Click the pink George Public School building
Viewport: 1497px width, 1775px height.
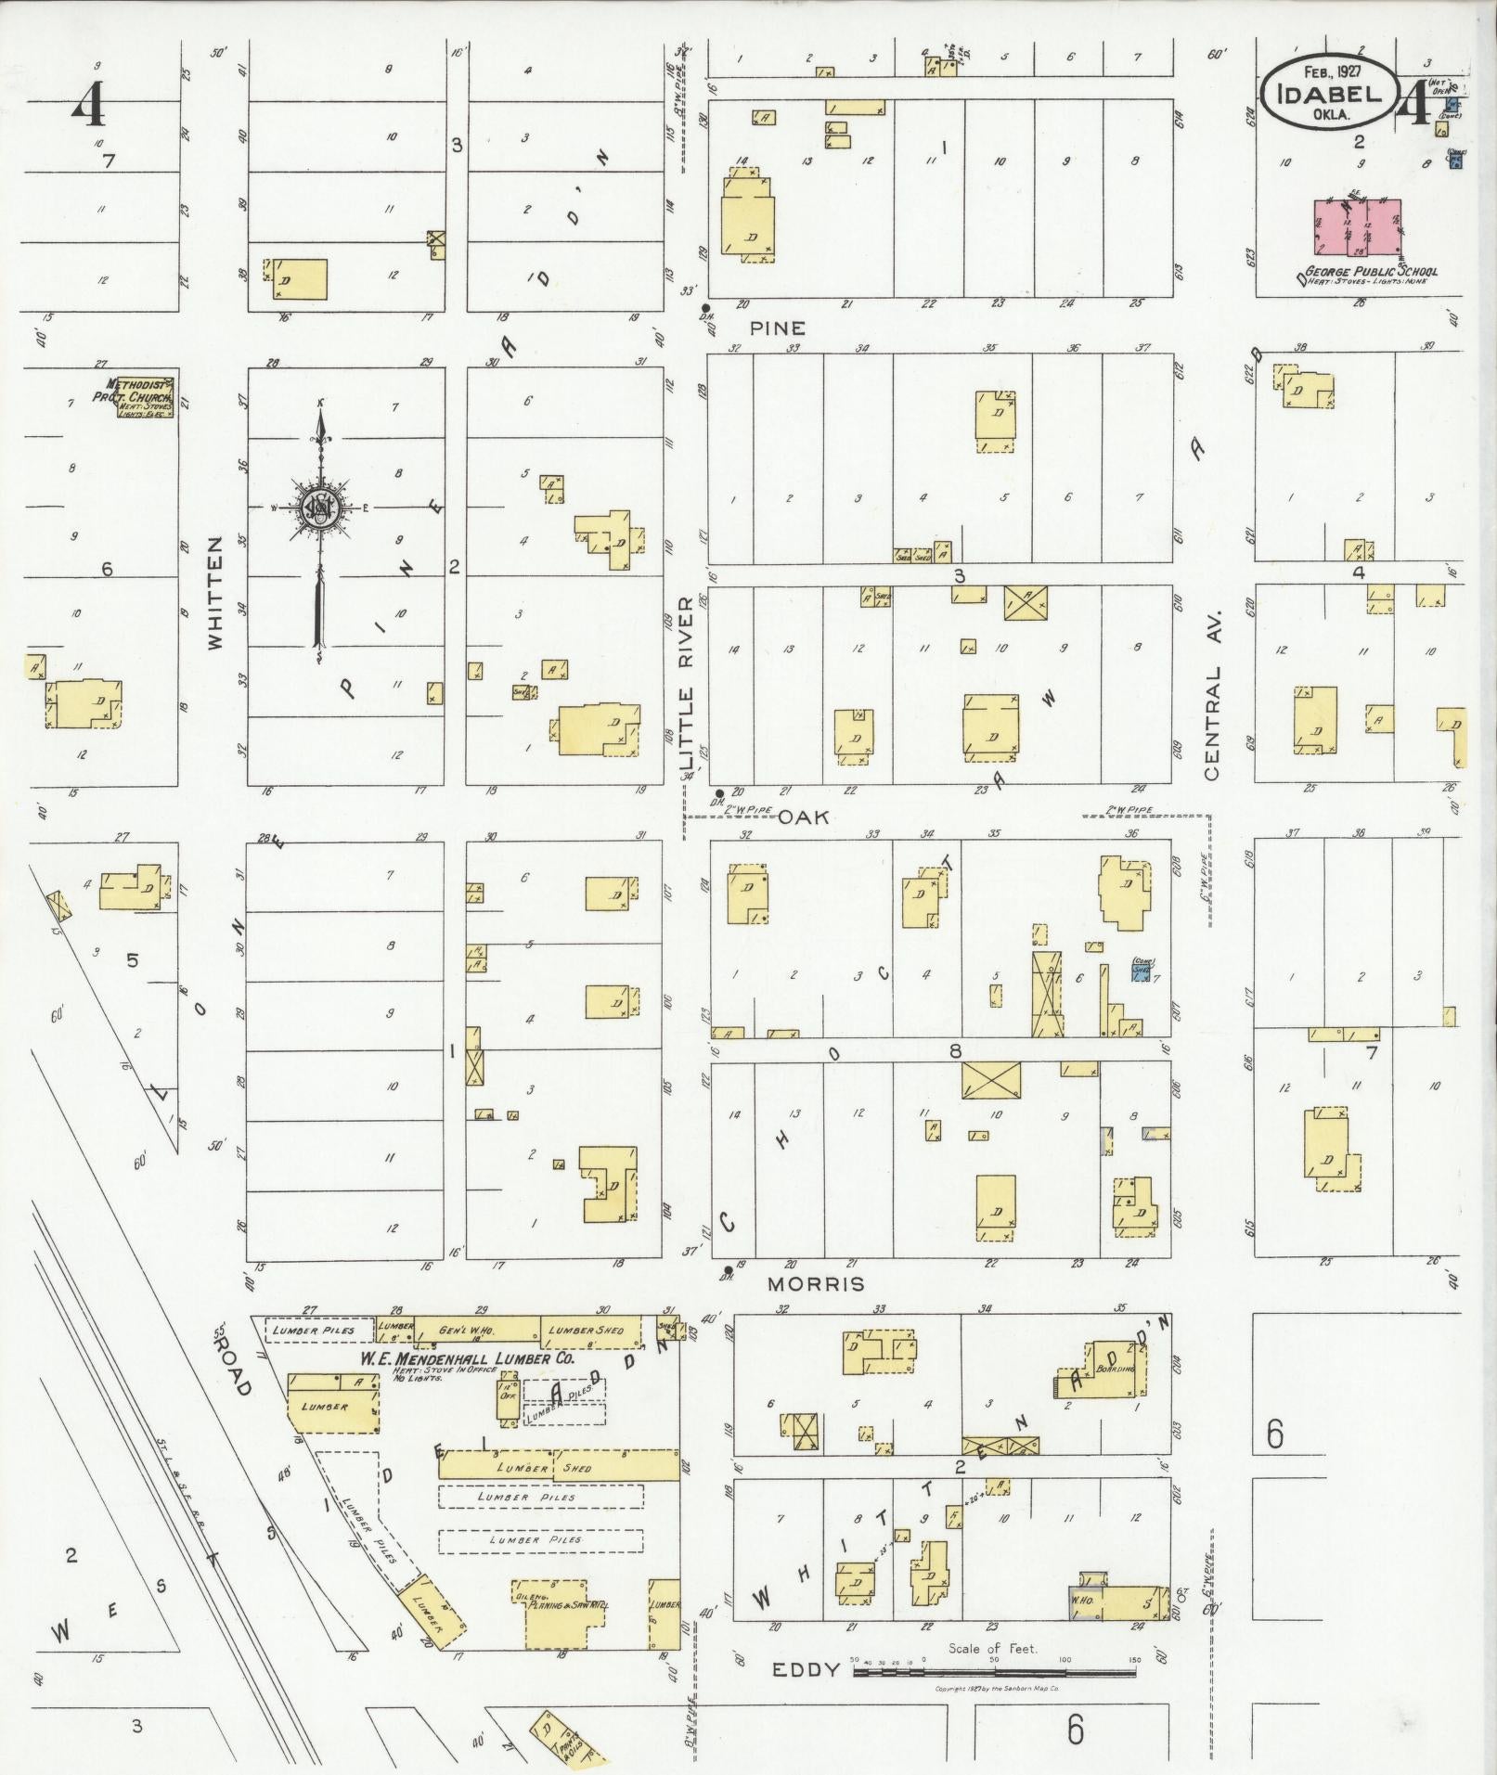1358,225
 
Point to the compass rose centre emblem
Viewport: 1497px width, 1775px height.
320,508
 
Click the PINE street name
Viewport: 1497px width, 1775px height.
777,328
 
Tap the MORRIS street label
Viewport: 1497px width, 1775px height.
818,1283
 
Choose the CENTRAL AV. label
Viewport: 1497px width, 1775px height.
1213,695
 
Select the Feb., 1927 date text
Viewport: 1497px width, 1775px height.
1329,71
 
